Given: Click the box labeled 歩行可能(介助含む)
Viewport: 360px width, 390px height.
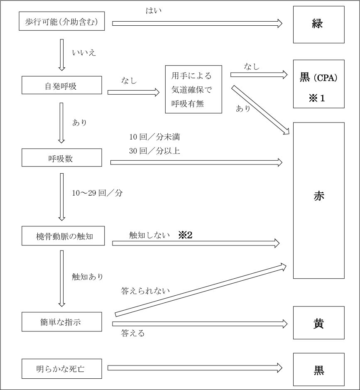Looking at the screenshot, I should [x=61, y=22].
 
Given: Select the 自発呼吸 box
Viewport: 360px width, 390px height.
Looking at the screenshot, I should [x=61, y=86].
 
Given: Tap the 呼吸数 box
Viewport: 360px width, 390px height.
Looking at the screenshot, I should [x=61, y=158].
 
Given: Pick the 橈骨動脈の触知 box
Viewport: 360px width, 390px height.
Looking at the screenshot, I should [x=61, y=236].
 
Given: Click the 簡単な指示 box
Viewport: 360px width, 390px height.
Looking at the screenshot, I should [x=61, y=322].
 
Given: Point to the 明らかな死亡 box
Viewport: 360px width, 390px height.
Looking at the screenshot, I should [x=61, y=368].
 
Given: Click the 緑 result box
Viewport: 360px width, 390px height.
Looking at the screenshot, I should [x=318, y=25].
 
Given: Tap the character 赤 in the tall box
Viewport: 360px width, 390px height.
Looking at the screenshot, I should [x=318, y=196].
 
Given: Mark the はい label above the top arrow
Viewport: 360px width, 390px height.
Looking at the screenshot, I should [x=153, y=11].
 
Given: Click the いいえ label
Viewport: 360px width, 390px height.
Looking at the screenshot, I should [x=84, y=53].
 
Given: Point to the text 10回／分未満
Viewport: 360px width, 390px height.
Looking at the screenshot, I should [x=154, y=137].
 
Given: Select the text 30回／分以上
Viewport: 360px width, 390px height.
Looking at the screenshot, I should [x=154, y=151].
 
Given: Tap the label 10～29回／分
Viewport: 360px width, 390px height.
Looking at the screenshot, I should [x=97, y=193].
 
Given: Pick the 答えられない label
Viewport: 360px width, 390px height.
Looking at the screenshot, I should [x=145, y=291].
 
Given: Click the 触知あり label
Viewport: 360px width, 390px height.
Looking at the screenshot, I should [x=87, y=276].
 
